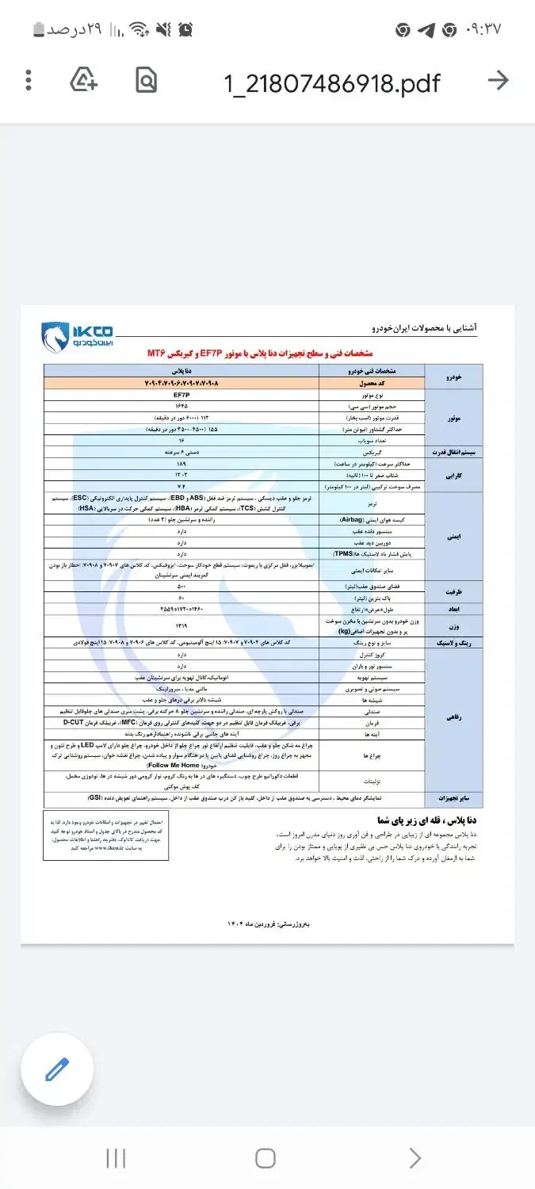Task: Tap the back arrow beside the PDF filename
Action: click(498, 80)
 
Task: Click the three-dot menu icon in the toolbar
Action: click(29, 80)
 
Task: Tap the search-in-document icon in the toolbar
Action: click(146, 80)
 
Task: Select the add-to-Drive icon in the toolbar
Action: click(84, 80)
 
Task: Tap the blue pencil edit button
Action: click(57, 1069)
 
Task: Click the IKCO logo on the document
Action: click(78, 336)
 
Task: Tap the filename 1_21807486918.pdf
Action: click(331, 82)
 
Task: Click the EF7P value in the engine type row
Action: click(182, 394)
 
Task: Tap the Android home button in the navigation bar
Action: click(266, 1158)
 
